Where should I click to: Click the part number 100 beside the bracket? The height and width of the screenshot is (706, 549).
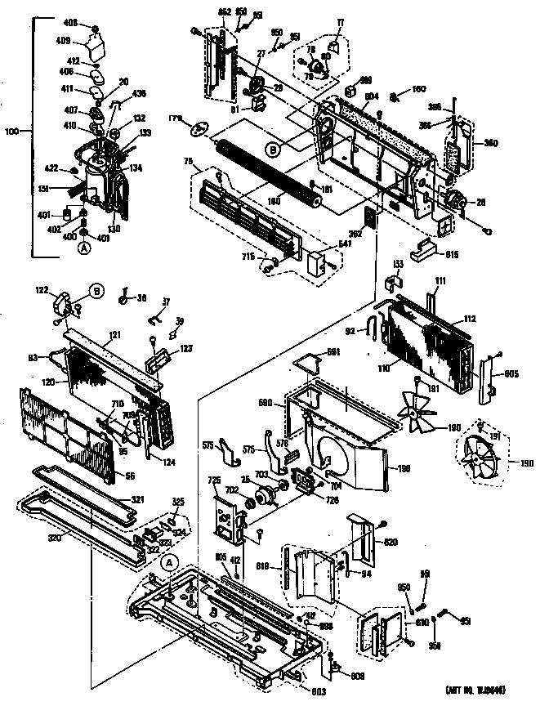[x=11, y=130]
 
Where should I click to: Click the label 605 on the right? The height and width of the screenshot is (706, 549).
[x=511, y=375]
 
